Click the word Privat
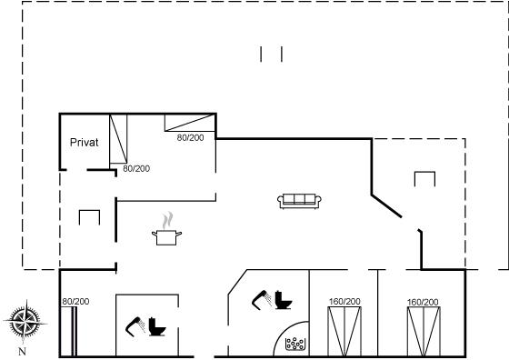(84, 142)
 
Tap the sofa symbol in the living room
(299, 201)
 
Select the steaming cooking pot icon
(166, 229)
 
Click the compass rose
(25, 322)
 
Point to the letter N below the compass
(22, 351)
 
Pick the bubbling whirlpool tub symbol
(295, 345)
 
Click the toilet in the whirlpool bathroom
(284, 300)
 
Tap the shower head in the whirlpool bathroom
(262, 300)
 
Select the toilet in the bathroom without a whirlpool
(157, 327)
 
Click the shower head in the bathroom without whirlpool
(135, 326)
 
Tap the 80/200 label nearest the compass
(75, 302)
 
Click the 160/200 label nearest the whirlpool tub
(344, 302)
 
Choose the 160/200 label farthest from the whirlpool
(423, 302)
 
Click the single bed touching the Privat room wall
(118, 139)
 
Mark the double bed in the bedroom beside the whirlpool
(344, 331)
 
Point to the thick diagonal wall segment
(386, 205)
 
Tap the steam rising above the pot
(167, 221)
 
